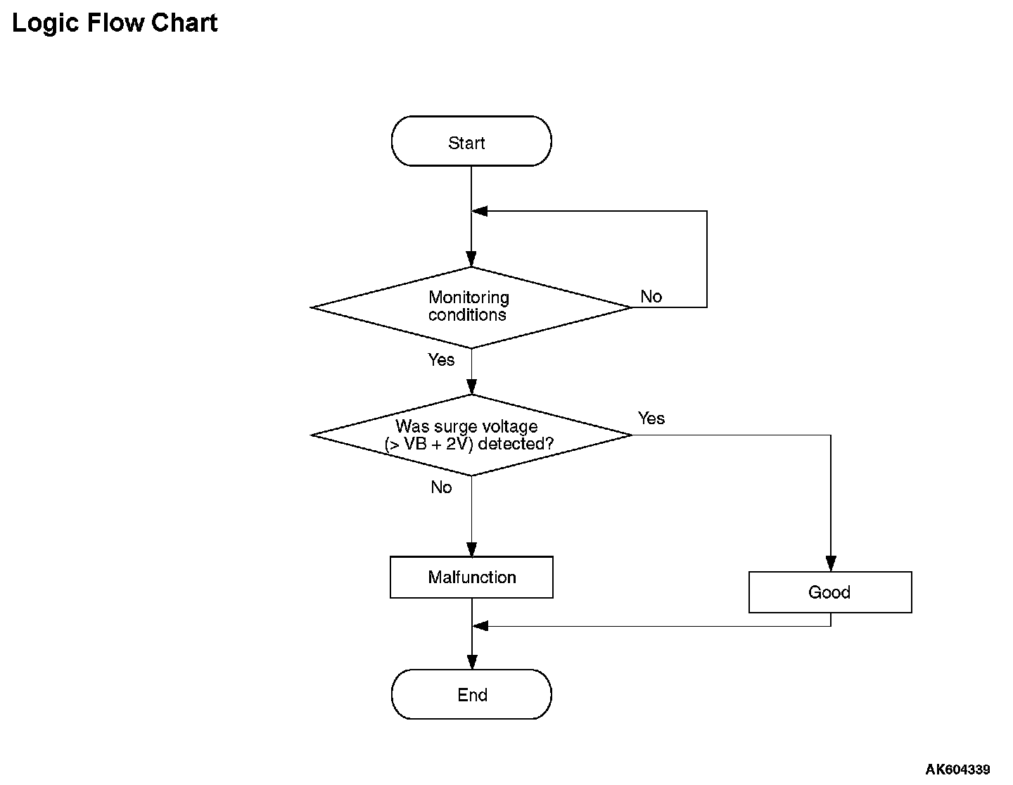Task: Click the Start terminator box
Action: (471, 141)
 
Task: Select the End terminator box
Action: (471, 694)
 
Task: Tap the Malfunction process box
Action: (471, 577)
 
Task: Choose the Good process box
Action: (830, 592)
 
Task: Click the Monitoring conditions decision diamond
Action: (471, 307)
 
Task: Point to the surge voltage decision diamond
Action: (471, 435)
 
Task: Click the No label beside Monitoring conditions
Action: (651, 296)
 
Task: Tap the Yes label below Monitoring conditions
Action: (441, 359)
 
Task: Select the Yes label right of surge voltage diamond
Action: (651, 418)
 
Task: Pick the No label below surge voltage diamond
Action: (441, 487)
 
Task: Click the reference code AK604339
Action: (957, 769)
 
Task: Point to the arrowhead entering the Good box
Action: (831, 563)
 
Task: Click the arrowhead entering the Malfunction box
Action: (472, 549)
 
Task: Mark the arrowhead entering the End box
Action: (472, 662)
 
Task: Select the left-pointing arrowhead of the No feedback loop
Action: (480, 211)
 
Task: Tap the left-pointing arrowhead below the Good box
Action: (480, 625)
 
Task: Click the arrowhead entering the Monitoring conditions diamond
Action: (471, 259)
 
